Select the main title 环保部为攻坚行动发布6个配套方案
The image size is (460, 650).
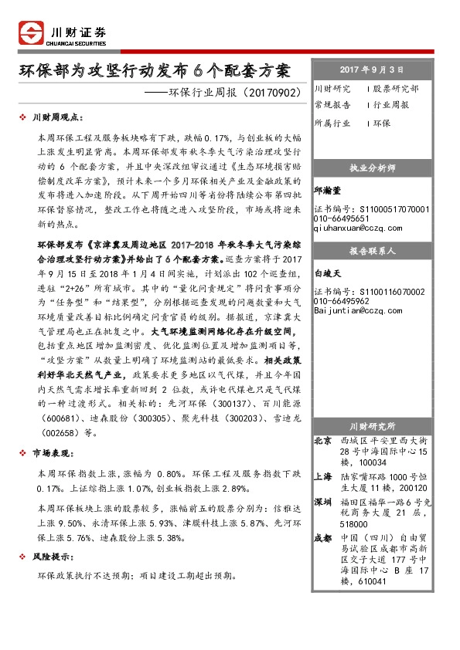pos(155,71)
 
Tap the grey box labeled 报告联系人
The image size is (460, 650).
pos(372,251)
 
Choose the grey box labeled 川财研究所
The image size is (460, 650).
pos(372,426)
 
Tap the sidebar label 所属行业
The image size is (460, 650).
pos(332,124)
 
